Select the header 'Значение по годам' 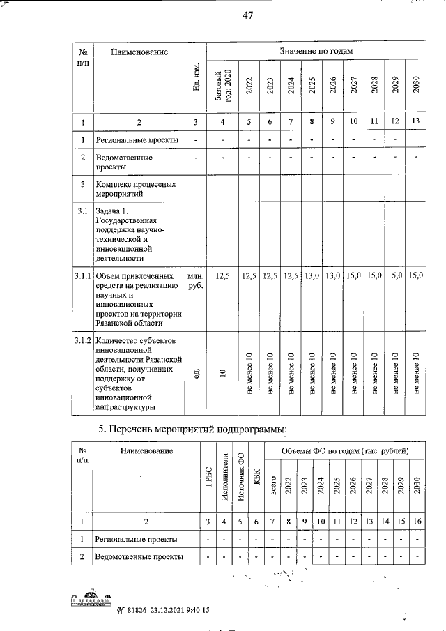(x=316, y=51)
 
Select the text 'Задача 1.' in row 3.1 (x=111, y=211)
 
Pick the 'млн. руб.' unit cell (x=196, y=281)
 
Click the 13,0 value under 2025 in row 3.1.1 (x=312, y=276)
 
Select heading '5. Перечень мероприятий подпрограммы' (x=192, y=427)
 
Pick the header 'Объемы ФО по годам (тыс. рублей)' (x=344, y=452)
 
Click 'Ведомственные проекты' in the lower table (x=140, y=556)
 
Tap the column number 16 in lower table (x=416, y=521)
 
